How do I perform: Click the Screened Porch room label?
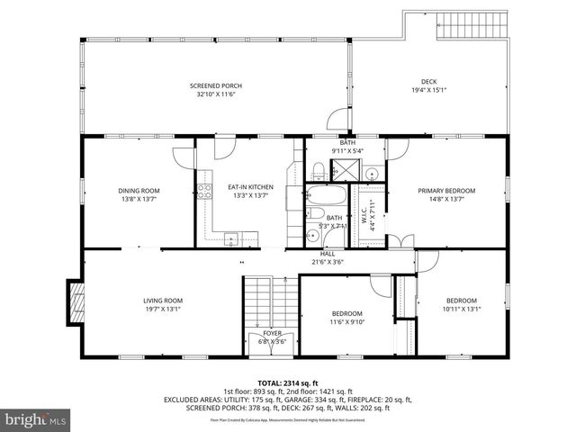213,85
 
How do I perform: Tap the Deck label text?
428,81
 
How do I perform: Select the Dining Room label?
139,190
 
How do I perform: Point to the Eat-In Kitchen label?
224,186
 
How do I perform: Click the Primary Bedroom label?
446,190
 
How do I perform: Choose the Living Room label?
163,300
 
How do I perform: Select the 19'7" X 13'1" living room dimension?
163,309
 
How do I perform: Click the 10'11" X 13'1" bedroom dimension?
461,309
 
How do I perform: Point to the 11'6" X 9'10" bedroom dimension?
346,321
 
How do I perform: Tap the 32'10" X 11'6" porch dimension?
213,93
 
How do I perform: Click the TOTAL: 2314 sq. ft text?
287,383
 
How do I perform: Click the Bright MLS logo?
35,418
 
